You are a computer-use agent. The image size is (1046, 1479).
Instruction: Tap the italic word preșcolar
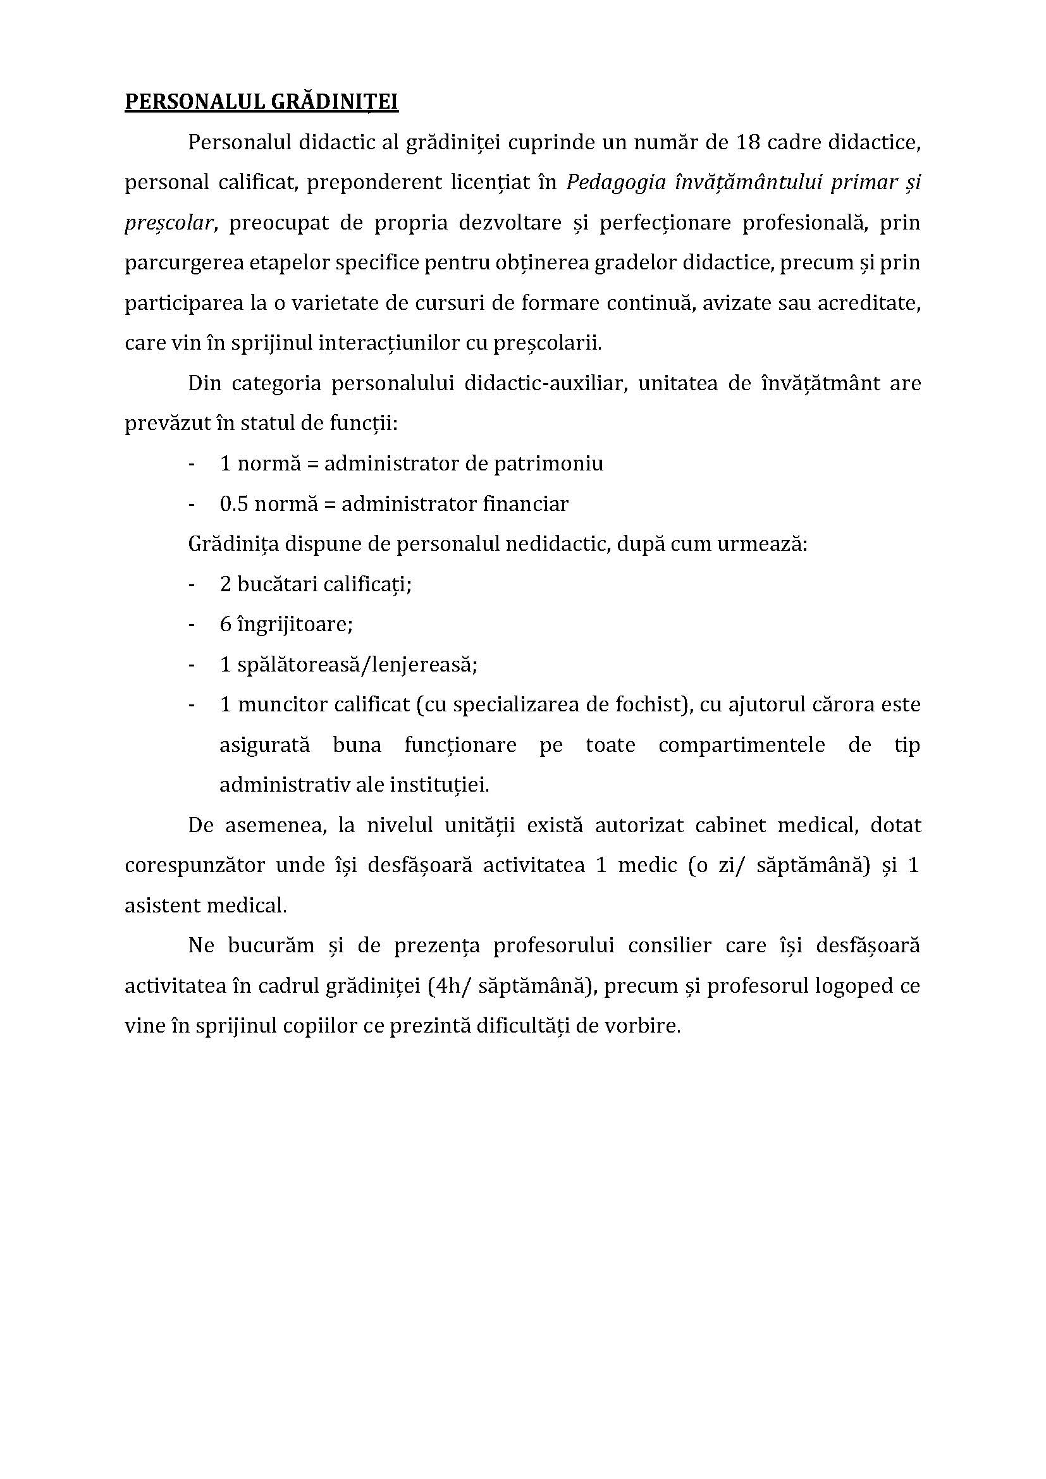coord(169,223)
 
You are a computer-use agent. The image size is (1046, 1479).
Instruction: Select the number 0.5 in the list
coord(234,504)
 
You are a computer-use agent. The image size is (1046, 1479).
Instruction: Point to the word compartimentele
coord(741,745)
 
